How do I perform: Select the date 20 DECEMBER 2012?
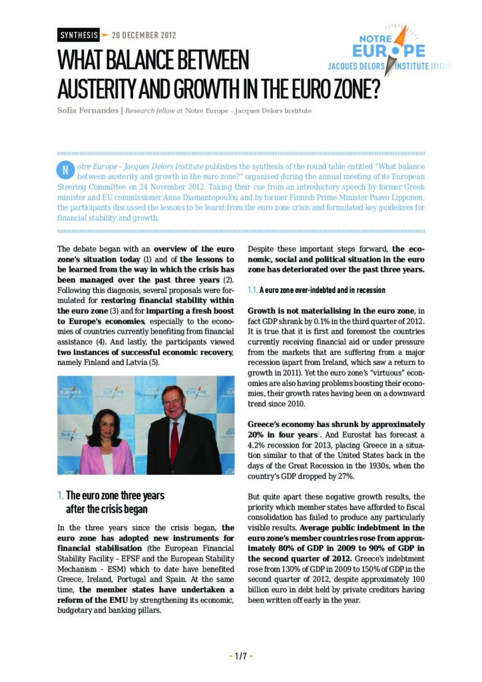pyautogui.click(x=144, y=35)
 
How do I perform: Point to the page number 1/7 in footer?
pyautogui.click(x=240, y=656)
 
